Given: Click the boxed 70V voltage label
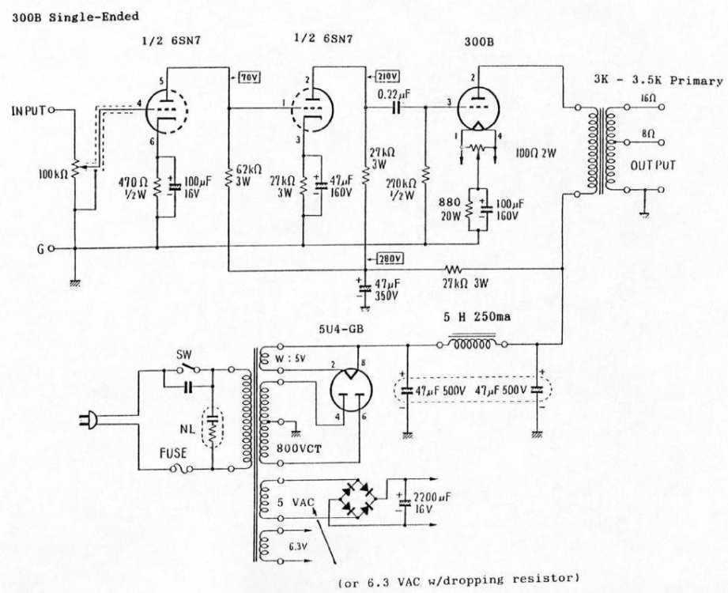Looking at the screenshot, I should tap(251, 77).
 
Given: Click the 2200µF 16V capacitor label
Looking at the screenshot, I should tap(430, 504).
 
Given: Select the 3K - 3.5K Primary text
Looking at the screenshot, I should tap(658, 81).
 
